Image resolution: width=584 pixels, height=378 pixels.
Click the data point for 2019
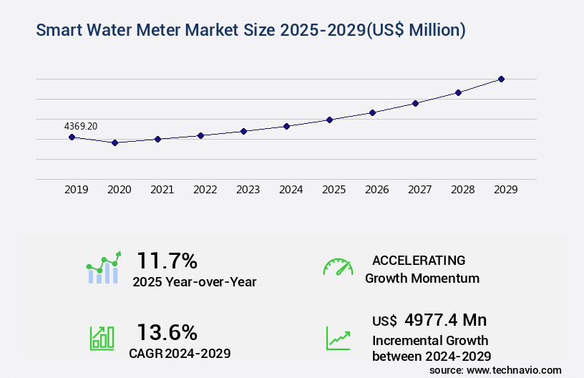coord(72,137)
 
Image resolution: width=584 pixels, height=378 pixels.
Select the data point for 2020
coord(115,142)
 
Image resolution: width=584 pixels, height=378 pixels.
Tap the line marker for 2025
coord(329,120)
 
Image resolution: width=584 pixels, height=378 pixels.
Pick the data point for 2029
coord(501,79)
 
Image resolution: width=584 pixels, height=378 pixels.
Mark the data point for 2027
coord(415,103)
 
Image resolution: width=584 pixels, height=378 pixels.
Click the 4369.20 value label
coord(80,126)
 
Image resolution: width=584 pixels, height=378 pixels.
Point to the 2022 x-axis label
coord(205,190)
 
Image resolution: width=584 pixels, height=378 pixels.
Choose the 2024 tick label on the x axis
coord(291,190)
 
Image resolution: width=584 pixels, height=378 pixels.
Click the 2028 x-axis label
coord(462,190)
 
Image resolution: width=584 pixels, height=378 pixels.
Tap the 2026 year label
coord(376,190)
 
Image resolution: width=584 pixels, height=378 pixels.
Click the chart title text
coord(250,30)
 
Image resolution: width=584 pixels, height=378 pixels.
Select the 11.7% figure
coord(167,260)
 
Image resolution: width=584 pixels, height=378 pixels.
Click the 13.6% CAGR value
coord(167,332)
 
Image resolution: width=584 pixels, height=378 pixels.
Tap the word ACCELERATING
coord(419,260)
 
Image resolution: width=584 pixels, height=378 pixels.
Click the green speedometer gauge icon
coord(338,267)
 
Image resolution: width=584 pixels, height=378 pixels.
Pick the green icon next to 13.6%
coord(102,338)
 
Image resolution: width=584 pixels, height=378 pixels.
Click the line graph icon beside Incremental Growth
coord(338,338)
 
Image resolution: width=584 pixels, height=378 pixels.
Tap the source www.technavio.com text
coord(495,370)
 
